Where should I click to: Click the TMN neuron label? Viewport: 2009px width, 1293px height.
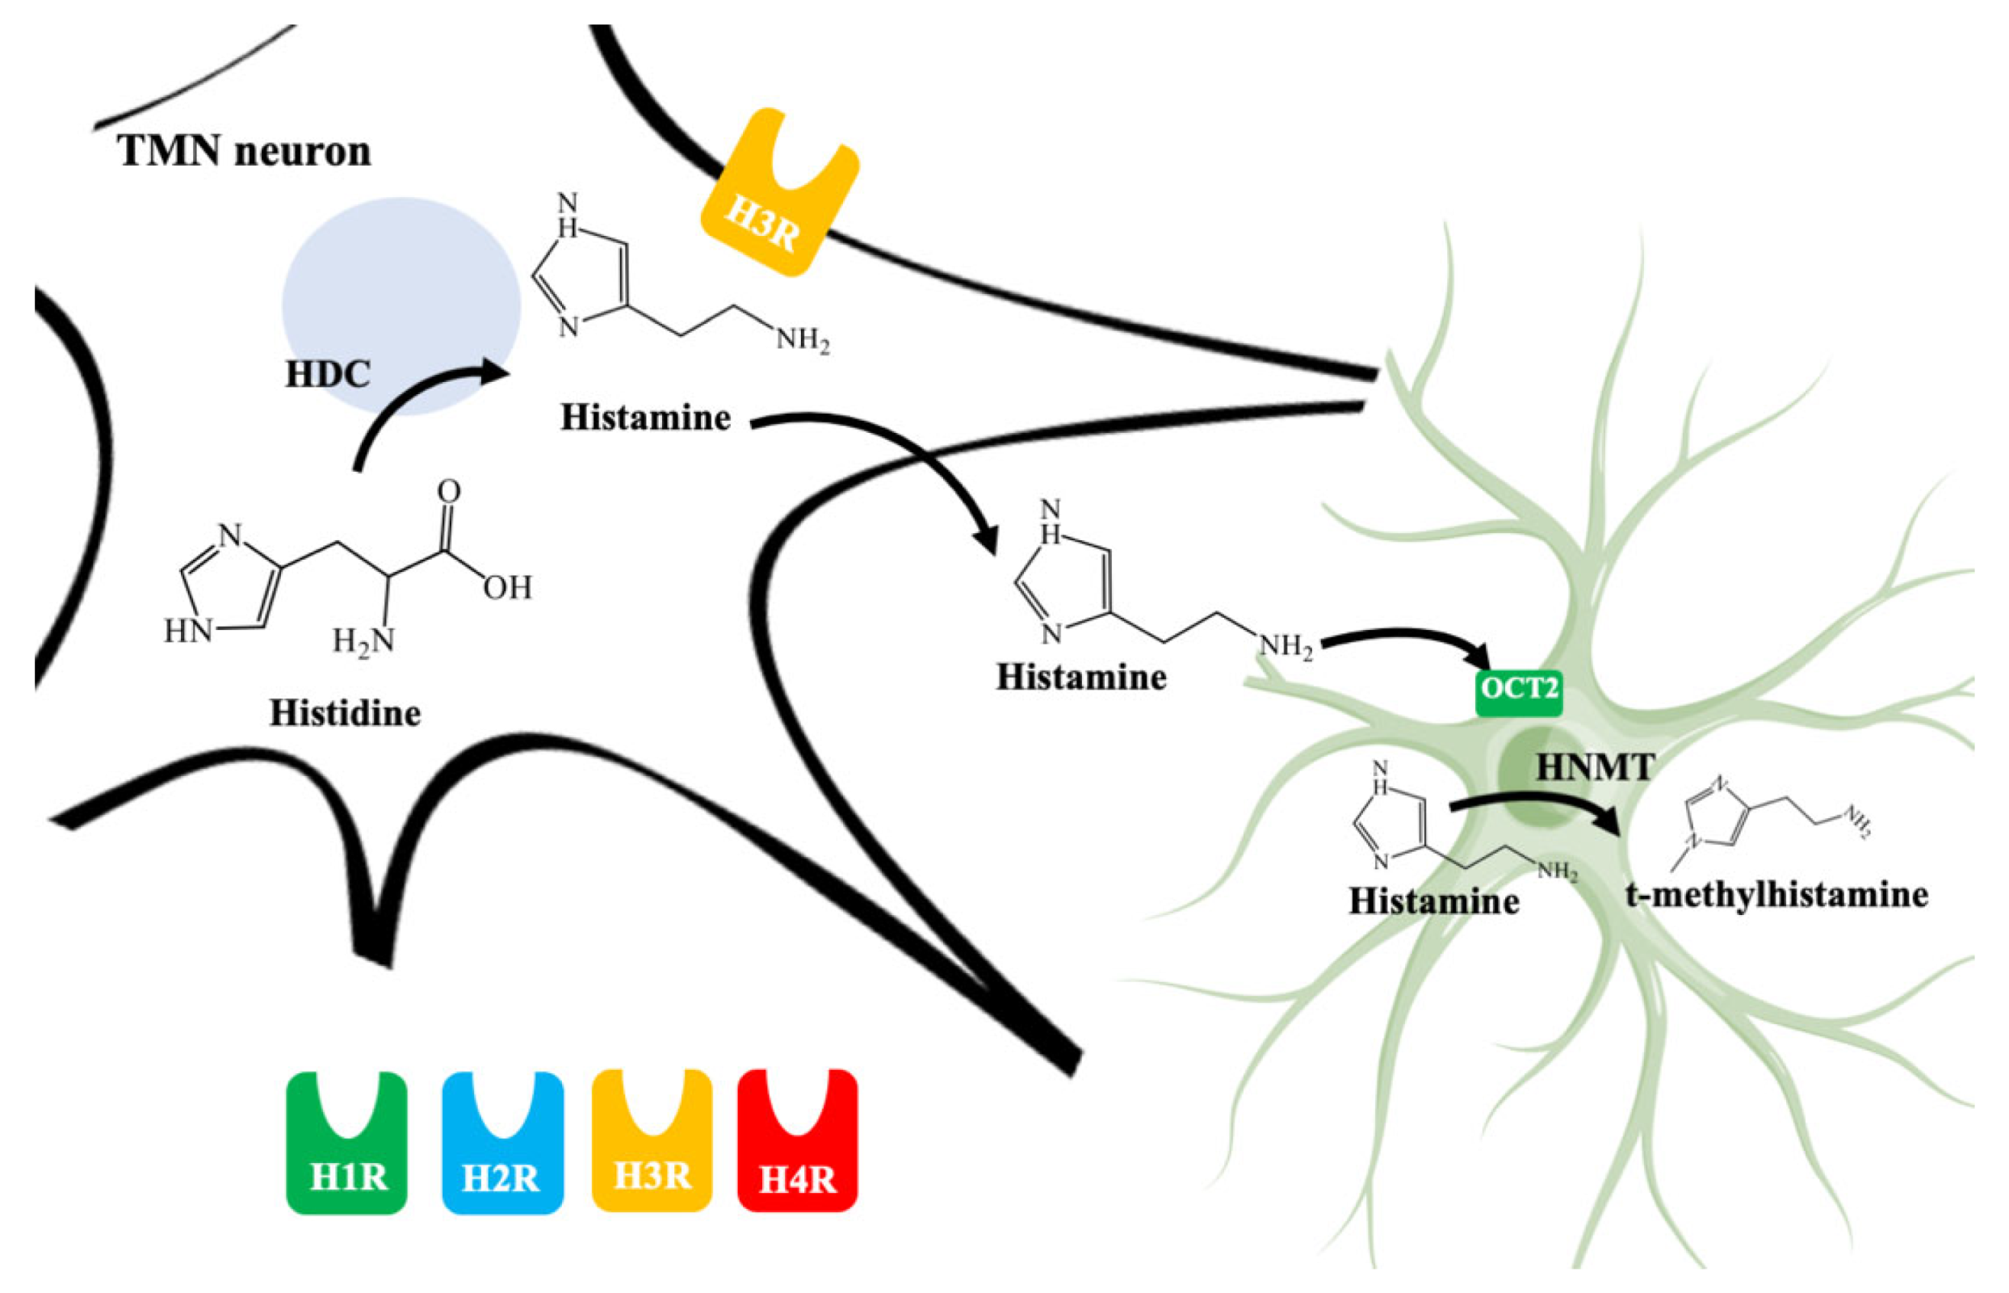[245, 152]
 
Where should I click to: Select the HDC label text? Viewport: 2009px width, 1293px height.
[326, 375]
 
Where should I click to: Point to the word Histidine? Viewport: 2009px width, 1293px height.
[345, 714]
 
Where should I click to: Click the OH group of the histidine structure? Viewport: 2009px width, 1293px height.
[507, 588]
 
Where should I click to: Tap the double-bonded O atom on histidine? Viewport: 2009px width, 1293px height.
[449, 491]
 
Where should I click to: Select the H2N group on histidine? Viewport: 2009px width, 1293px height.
[363, 641]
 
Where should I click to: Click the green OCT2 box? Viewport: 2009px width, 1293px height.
[1519, 690]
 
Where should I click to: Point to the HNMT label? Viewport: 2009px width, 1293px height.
[1595, 766]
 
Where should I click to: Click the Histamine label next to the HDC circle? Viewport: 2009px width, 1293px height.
[644, 418]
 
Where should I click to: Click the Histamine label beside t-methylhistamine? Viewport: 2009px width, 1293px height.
[1434, 902]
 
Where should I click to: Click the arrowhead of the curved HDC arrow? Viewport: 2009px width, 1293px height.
[495, 372]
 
